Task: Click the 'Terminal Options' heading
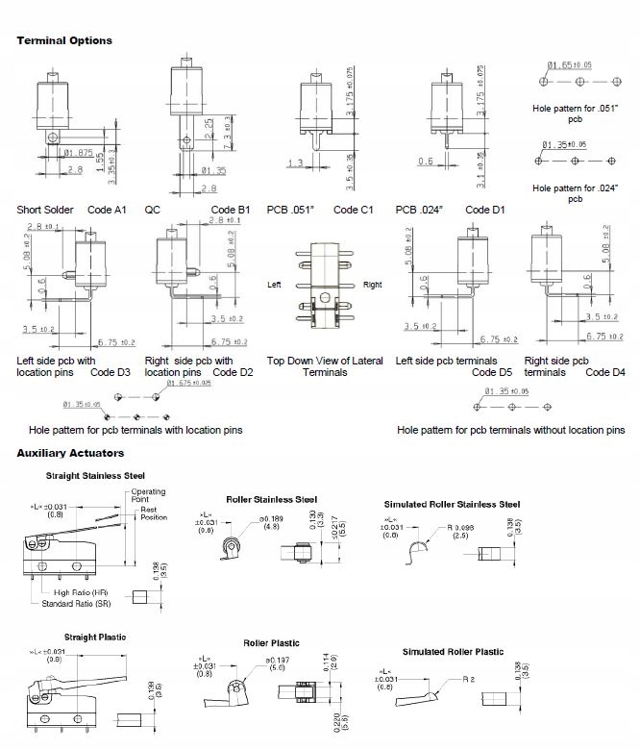64,40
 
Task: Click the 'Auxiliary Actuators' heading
70,453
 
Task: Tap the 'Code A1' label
107,210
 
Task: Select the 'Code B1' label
231,210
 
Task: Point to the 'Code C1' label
353,210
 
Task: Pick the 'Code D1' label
485,210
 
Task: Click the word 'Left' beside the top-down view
276,285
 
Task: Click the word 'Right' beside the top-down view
372,285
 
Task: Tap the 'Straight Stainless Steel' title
95,475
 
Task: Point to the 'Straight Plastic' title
95,637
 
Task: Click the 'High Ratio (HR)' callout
88,592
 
